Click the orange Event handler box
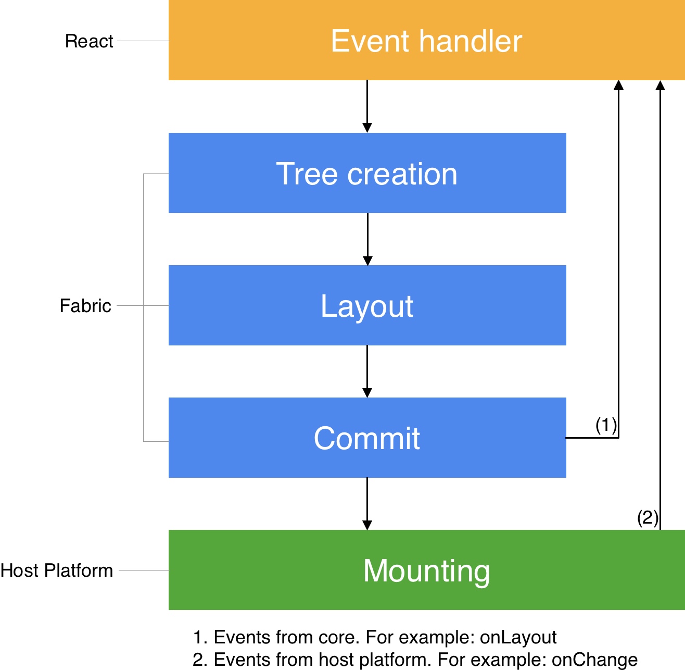[426, 41]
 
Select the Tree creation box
[367, 173]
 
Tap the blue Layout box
[367, 305]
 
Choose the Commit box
[367, 438]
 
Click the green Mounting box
[426, 570]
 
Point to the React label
[89, 41]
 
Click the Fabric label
[85, 306]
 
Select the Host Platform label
[57, 570]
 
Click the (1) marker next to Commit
[606, 425]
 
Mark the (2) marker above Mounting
[648, 517]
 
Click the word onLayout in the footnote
[518, 637]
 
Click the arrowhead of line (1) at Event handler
[618, 85]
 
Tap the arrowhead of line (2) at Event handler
[660, 85]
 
